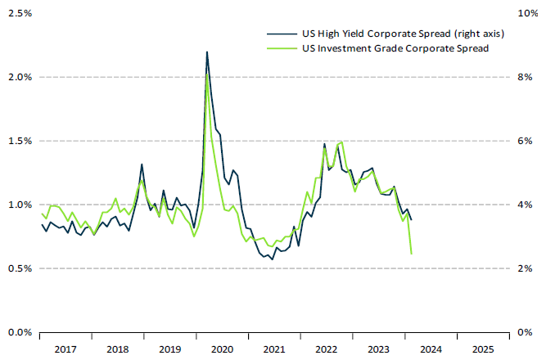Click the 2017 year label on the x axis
click(65, 349)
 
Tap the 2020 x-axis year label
click(222, 349)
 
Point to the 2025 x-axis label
click(482, 349)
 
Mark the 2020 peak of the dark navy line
click(206, 52)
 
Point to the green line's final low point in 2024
click(411, 254)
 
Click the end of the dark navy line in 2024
click(411, 219)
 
